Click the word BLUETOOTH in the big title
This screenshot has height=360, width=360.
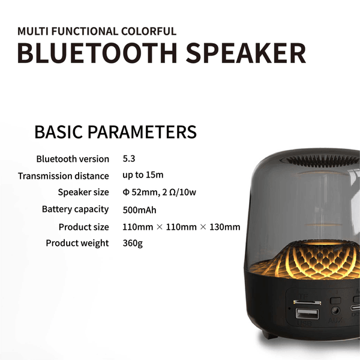click(97, 53)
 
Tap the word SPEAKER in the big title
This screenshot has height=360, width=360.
click(246, 53)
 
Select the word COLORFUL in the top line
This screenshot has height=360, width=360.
click(149, 31)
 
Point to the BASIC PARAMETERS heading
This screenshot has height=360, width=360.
click(115, 132)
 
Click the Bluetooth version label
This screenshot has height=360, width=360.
click(73, 159)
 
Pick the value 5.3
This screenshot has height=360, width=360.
click(129, 158)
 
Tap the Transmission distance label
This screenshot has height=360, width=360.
click(64, 176)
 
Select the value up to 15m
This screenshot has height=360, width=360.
click(143, 175)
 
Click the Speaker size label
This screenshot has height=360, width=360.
click(83, 192)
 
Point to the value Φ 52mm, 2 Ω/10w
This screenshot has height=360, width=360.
click(160, 192)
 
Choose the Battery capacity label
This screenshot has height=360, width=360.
click(76, 209)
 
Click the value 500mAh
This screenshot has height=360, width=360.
click(139, 210)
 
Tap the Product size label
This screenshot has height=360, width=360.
click(84, 227)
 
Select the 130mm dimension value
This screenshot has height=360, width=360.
click(225, 227)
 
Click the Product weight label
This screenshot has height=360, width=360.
click(77, 243)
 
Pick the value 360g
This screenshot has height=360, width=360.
click(133, 243)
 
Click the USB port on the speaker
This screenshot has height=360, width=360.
click(307, 314)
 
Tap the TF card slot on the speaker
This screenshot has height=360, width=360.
click(307, 302)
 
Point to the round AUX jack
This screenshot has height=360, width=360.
click(335, 311)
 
